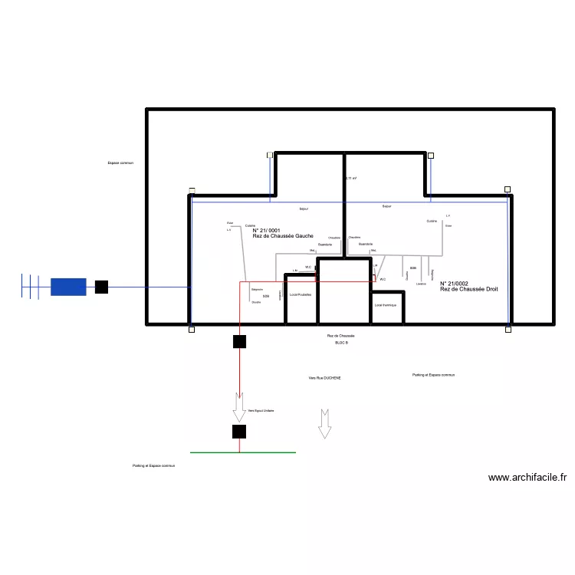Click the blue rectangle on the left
click(68, 287)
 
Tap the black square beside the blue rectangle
click(101, 287)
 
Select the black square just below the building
click(239, 342)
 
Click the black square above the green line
click(239, 432)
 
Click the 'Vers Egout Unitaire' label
click(261, 411)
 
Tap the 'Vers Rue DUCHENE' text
click(324, 378)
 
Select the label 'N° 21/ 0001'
click(267, 230)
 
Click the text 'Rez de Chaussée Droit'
click(469, 288)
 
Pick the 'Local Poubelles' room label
click(300, 295)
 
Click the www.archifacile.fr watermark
click(528, 477)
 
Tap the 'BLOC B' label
click(341, 343)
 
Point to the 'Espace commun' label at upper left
click(121, 163)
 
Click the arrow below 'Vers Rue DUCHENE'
click(324, 423)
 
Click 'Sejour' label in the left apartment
click(304, 209)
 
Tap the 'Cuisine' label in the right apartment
click(432, 221)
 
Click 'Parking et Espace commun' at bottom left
click(153, 465)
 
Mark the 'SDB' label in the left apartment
click(266, 296)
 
